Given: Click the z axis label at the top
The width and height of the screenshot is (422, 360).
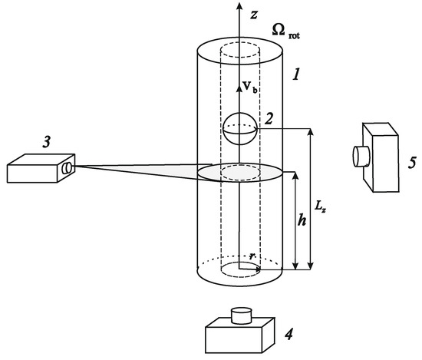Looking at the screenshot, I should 252,12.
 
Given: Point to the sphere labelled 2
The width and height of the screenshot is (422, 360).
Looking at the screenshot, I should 239,128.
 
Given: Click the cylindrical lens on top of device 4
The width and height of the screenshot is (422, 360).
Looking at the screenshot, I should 242,315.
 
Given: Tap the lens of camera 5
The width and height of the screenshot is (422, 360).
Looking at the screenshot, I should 358,157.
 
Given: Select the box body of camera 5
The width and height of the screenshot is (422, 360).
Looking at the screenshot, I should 382,161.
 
